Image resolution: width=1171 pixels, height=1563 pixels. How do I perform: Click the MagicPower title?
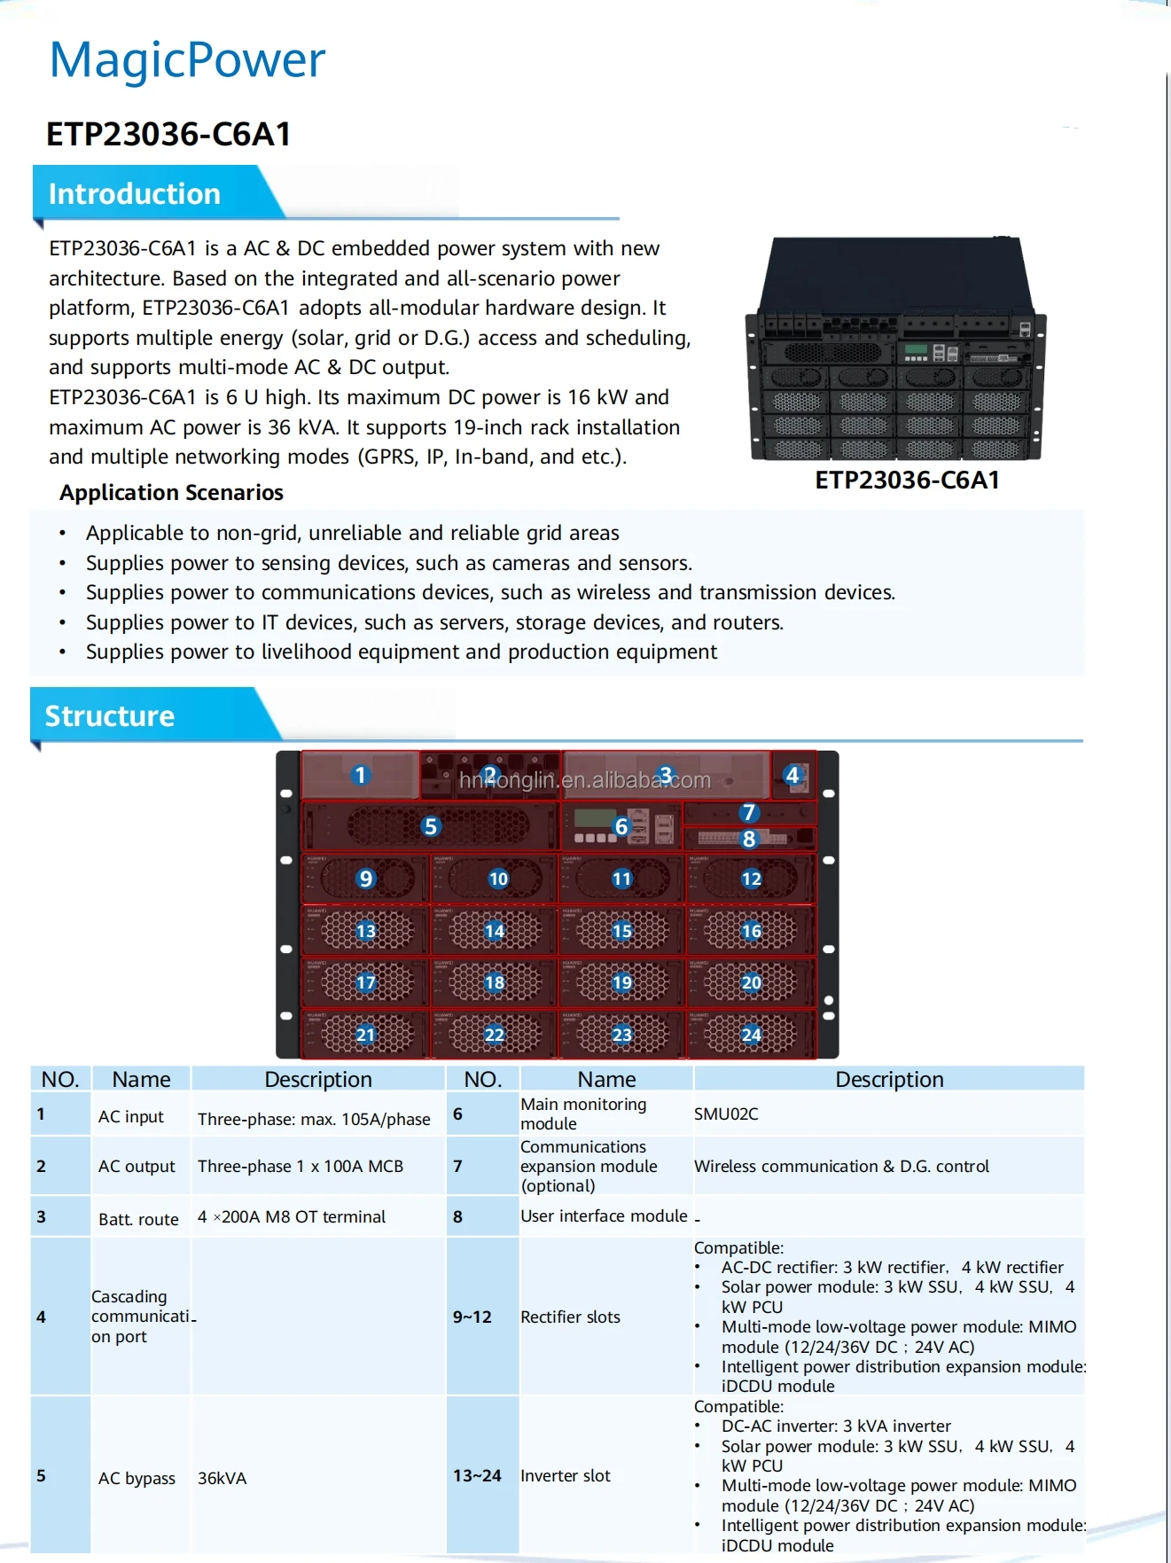point(187,60)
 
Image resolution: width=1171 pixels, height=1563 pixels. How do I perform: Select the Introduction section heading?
point(134,194)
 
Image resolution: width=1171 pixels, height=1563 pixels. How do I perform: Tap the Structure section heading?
point(109,716)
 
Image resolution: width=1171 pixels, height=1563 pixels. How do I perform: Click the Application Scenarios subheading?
point(171,493)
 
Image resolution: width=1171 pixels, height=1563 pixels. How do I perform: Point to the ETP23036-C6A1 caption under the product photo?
point(907,481)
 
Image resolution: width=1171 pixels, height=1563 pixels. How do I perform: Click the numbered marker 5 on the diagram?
point(431,827)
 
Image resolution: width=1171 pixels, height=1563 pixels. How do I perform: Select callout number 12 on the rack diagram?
point(751,879)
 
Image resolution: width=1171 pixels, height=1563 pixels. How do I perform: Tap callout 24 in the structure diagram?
point(751,1035)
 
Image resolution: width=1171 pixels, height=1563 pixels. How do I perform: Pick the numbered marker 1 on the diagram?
point(360,776)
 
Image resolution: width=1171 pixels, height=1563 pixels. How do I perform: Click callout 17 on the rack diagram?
point(365,982)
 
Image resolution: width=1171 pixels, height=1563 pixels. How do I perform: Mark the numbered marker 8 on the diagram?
point(749,839)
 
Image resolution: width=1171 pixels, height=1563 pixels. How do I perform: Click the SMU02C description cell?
point(726,1114)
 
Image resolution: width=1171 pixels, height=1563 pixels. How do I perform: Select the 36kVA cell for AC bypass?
point(222,1478)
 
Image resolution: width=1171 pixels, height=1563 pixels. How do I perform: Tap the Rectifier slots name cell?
point(570,1317)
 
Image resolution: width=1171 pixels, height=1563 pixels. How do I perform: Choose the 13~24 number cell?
point(477,1476)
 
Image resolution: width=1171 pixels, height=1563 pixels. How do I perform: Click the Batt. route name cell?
point(138,1219)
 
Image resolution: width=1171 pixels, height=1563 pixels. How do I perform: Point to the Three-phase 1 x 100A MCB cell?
point(301,1167)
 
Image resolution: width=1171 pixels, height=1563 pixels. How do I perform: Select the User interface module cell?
point(604,1216)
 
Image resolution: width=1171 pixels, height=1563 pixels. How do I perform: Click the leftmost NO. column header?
point(60,1079)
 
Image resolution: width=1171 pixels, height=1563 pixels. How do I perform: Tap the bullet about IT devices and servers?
point(434,622)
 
